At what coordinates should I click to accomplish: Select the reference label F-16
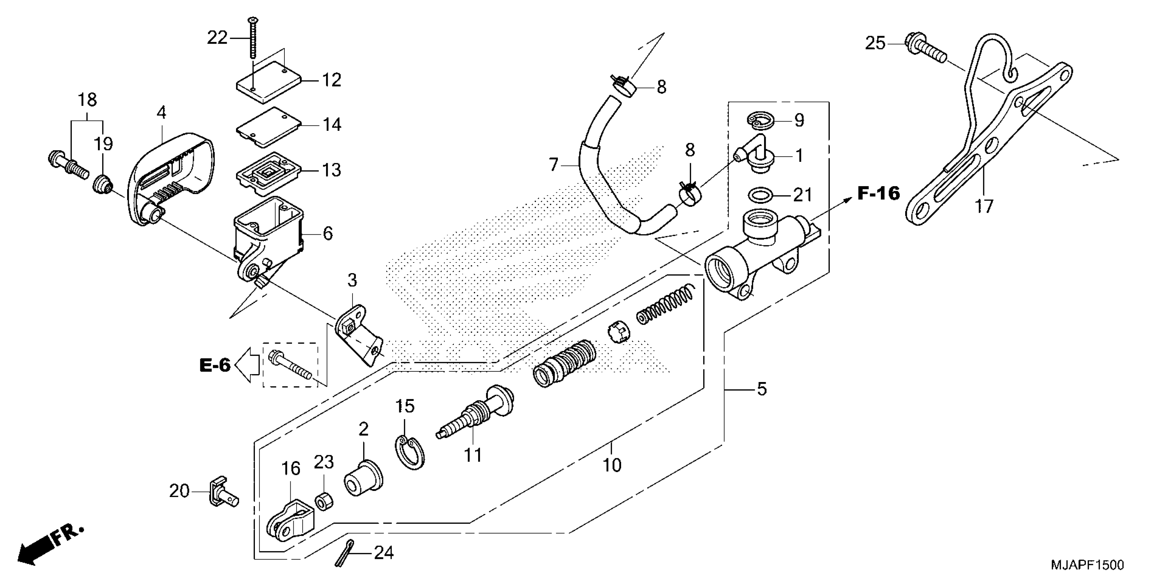coord(878,194)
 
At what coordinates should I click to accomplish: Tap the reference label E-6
coord(215,365)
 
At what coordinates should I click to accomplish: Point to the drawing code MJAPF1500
coord(1087,565)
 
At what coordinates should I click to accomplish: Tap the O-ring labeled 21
coord(761,195)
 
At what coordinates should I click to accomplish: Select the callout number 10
coord(612,465)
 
